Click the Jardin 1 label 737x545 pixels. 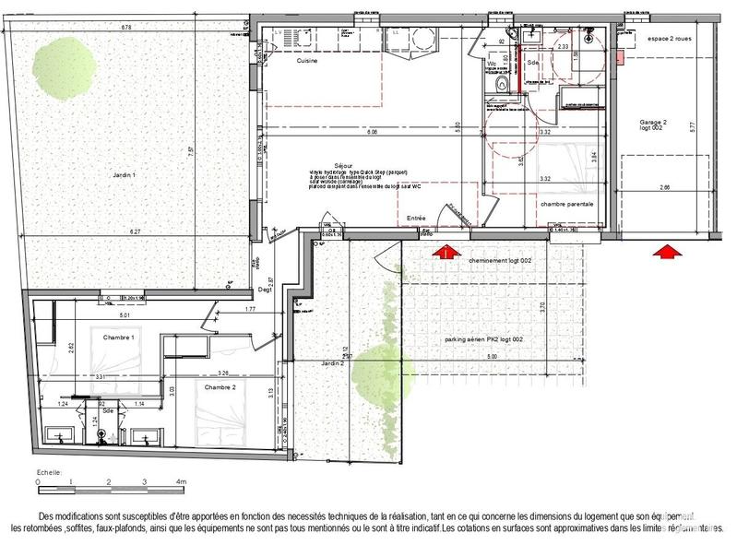[119, 175]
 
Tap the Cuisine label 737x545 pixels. [307, 61]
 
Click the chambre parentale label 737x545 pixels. [566, 204]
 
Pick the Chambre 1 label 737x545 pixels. [119, 337]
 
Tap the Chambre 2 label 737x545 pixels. [220, 387]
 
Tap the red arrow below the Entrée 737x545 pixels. [447, 251]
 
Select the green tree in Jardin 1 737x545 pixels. [64, 65]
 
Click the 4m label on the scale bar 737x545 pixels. [182, 482]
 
